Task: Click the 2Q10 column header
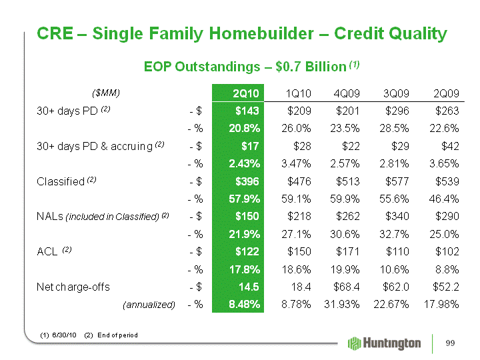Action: [246, 93]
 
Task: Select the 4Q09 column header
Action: [347, 93]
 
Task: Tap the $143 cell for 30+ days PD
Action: [247, 111]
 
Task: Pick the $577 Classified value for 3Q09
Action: [397, 181]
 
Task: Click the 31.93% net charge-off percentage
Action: [341, 305]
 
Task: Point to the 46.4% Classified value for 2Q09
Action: [444, 199]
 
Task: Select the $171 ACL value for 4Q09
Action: [347, 251]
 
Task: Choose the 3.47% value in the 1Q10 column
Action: [296, 164]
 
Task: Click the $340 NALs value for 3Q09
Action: [397, 217]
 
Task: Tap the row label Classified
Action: [61, 181]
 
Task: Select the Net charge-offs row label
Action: [73, 287]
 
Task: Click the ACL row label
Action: [47, 251]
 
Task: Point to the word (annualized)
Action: [149, 305]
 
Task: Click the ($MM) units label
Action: [106, 93]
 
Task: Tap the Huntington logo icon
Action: [355, 343]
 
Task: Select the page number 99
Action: [450, 343]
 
